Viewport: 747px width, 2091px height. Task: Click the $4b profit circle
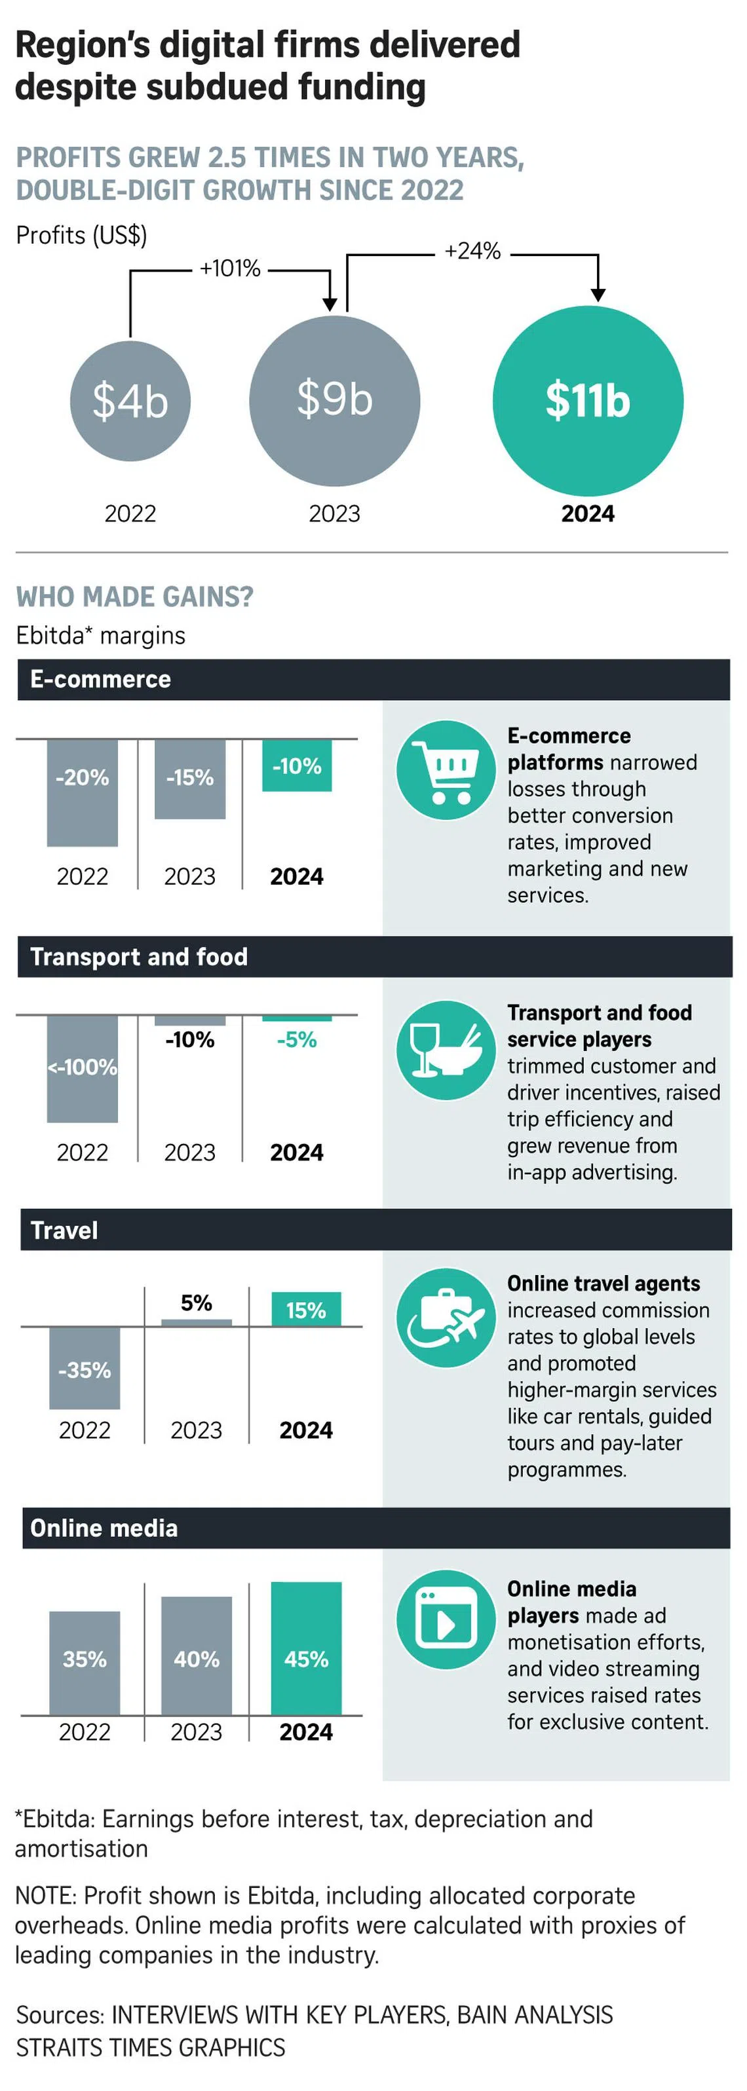130,401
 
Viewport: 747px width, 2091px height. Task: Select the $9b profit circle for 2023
335,400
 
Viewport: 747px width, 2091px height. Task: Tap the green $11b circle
588,401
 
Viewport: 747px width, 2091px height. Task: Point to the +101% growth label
230,268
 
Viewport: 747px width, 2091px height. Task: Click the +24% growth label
472,251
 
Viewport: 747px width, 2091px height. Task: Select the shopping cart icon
446,769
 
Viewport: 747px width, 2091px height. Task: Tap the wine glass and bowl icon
446,1050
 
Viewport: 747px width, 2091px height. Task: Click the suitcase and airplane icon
446,1318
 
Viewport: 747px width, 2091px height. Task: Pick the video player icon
446,1619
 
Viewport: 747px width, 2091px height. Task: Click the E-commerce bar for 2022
82,792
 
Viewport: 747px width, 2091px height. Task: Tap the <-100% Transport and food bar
82,1068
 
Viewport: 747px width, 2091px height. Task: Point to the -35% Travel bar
85,1368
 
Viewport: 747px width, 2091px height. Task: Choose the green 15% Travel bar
306,1309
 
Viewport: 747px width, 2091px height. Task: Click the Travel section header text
64,1231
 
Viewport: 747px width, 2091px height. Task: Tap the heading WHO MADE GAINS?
135,597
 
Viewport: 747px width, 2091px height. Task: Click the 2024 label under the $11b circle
588,514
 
